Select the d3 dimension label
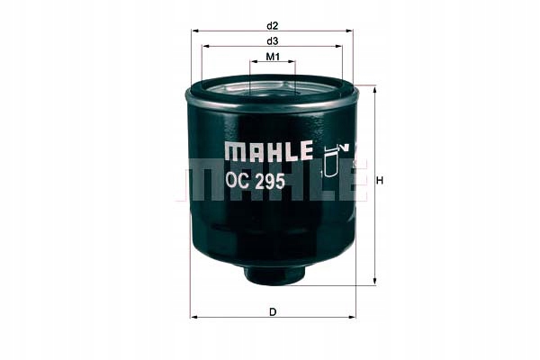[x=272, y=41]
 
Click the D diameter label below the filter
[x=272, y=311]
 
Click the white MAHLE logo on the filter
[x=267, y=150]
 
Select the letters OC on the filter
[x=238, y=180]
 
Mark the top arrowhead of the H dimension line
[x=372, y=88]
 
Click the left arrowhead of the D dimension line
[x=193, y=317]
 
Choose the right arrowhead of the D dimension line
[x=350, y=317]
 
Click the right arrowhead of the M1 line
[x=293, y=65]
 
